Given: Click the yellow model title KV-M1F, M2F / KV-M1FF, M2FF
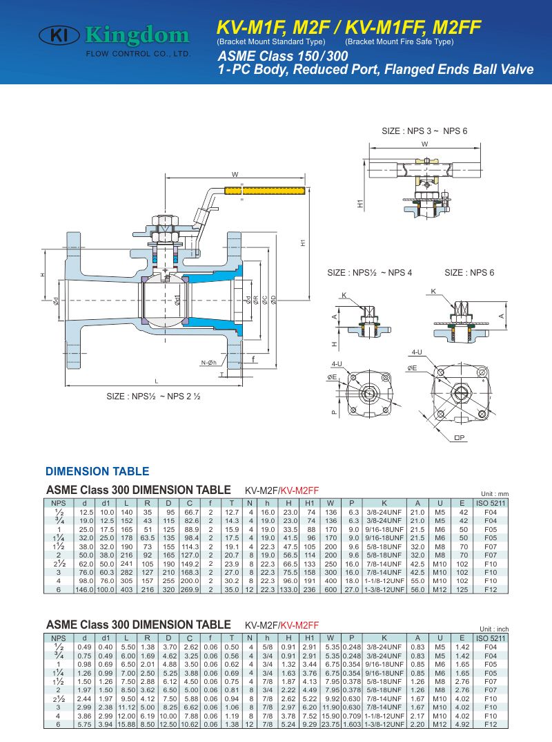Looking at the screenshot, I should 348,27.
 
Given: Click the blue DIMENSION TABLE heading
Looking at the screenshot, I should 97,472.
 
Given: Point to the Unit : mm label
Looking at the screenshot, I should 493,493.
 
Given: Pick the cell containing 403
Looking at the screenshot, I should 126,589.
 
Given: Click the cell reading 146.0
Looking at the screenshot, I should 85,589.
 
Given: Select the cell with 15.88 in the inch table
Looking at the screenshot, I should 126,724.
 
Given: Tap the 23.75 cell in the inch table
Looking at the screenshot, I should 331,724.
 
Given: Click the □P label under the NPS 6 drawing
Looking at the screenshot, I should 460,437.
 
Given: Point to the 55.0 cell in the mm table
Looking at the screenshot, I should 417,580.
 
